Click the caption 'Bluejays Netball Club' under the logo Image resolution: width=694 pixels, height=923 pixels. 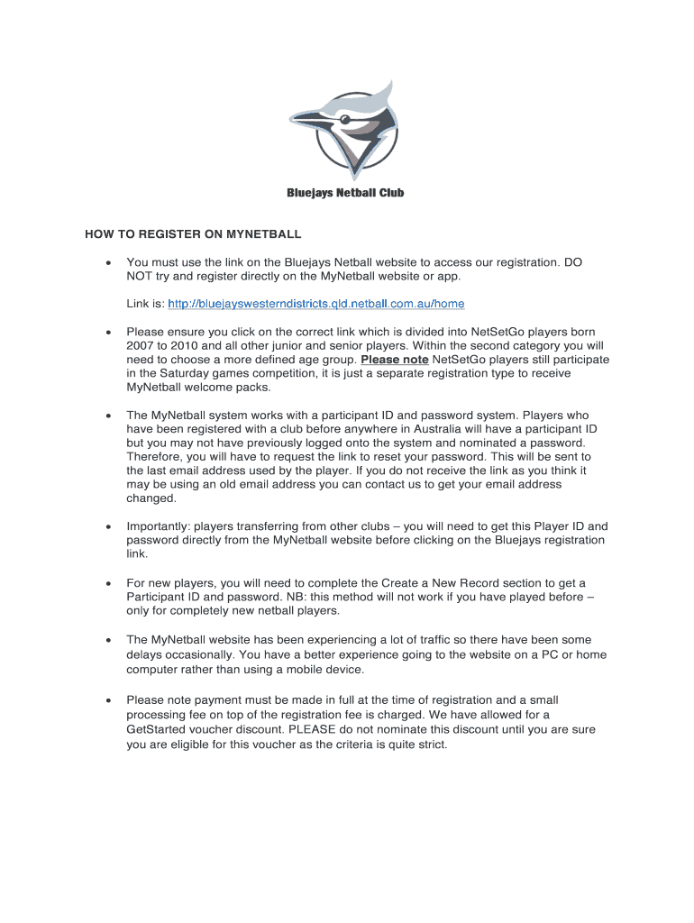tap(345, 193)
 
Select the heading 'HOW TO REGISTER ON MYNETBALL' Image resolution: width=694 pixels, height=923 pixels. tap(193, 234)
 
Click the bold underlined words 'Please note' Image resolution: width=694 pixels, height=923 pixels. tap(394, 360)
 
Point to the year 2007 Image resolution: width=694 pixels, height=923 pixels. tap(141, 346)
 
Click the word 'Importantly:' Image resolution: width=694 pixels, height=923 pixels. tap(159, 526)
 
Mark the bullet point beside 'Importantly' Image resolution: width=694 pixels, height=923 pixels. tap(108, 526)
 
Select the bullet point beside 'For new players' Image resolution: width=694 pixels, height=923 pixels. tap(108, 583)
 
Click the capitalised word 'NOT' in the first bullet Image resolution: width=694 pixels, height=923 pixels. tap(140, 276)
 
